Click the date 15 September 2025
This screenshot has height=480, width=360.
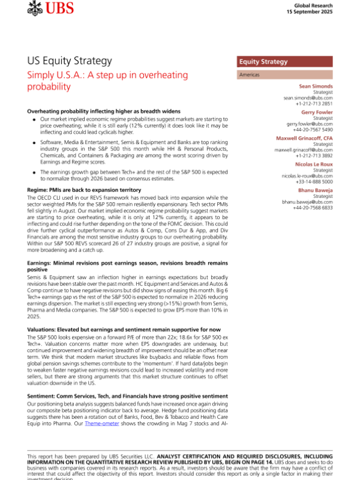tap(312, 11)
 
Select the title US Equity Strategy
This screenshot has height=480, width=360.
tap(70, 61)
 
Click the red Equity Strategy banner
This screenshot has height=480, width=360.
tap(282, 62)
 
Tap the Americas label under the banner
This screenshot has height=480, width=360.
tap(250, 75)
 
